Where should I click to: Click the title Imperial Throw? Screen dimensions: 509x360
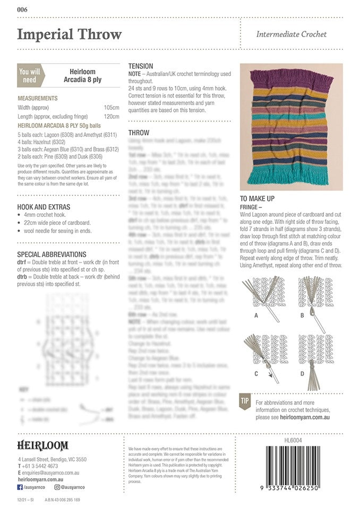[70, 34]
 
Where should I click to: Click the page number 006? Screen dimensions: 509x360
[22, 10]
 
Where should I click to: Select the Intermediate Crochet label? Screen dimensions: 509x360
[291, 34]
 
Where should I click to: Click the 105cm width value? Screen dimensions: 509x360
[112, 107]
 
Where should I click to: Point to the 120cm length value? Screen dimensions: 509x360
[112, 116]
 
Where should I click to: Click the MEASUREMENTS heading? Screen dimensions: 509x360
[38, 99]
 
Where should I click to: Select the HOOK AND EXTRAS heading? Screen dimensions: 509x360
[44, 207]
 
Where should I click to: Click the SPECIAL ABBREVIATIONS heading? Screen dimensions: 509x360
[52, 254]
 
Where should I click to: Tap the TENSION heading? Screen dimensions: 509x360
[141, 66]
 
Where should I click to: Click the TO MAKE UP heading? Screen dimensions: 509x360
[257, 198]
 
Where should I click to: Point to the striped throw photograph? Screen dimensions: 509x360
[291, 127]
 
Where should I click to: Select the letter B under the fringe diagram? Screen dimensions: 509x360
[302, 315]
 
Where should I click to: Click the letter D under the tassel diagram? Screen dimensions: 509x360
[302, 373]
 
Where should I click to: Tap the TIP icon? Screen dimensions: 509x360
[245, 401]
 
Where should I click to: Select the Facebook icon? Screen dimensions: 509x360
[20, 487]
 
